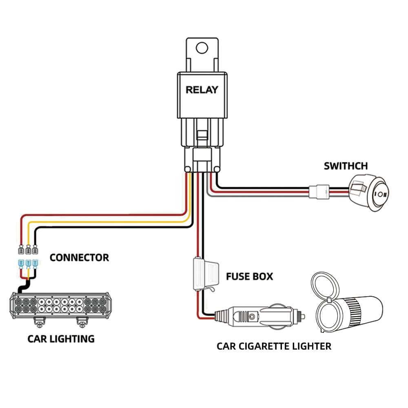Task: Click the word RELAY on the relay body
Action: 202,90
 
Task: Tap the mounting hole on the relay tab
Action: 202,48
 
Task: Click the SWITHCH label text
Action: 346,166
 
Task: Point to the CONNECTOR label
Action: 79,258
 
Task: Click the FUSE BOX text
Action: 249,277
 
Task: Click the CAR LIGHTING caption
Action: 61,339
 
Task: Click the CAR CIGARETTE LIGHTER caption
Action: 274,346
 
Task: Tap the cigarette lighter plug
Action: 261,316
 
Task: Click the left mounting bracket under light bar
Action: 40,322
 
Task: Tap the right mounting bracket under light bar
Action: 82,322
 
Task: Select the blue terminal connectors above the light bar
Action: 28,264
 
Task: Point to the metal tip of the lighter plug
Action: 303,315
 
